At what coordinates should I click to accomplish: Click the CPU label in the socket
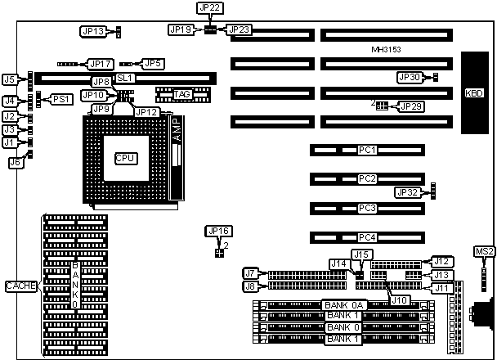125,158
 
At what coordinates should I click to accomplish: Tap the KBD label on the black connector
474,92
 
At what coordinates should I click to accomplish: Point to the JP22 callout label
209,7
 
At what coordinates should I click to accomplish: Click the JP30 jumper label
409,77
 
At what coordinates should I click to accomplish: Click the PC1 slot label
367,150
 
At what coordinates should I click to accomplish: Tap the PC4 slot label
367,237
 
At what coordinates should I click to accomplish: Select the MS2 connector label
484,250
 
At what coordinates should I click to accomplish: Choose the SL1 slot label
125,78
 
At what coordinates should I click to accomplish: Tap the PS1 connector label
61,99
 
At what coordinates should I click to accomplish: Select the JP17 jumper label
100,63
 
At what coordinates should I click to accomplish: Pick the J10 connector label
400,300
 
